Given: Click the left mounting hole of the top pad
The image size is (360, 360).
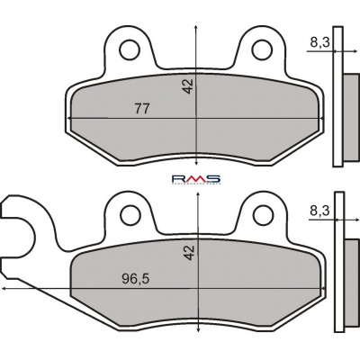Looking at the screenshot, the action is coord(130,49).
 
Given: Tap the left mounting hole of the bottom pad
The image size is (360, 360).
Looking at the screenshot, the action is coord(130,214).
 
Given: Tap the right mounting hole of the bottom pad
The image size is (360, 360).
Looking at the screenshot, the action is coord(264,214).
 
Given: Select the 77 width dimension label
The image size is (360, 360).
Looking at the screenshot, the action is coord(141,108).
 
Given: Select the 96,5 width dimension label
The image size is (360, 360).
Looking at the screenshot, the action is coord(136,279).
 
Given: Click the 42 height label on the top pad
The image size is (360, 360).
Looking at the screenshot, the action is coord(188,86).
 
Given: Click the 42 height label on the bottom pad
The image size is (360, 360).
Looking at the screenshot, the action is coord(190,252).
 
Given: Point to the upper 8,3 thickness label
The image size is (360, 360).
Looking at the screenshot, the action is coord(319,43).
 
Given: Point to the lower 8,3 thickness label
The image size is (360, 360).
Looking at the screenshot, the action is coord(319,211).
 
